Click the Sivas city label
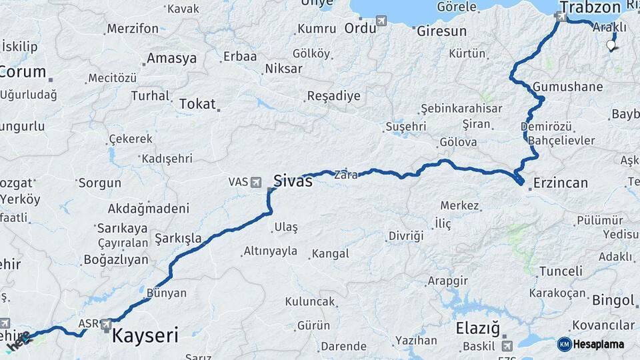pyautogui.click(x=293, y=180)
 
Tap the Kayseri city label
pyautogui.click(x=145, y=335)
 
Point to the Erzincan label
pyautogui.click(x=559, y=183)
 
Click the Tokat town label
pyautogui.click(x=197, y=104)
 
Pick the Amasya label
pyautogui.click(x=172, y=59)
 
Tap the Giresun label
pyautogui.click(x=441, y=31)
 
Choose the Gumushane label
pyautogui.click(x=568, y=87)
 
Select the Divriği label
pyautogui.click(x=406, y=236)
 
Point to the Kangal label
pyautogui.click(x=330, y=253)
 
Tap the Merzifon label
pyautogui.click(x=133, y=29)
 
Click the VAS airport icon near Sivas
pyautogui.click(x=256, y=181)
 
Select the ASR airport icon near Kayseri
pyautogui.click(x=106, y=324)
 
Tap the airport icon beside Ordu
pyautogui.click(x=381, y=21)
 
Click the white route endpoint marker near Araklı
pyautogui.click(x=611, y=45)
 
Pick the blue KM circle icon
pyautogui.click(x=564, y=344)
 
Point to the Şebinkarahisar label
pyautogui.click(x=461, y=108)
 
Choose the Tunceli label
pyautogui.click(x=561, y=271)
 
